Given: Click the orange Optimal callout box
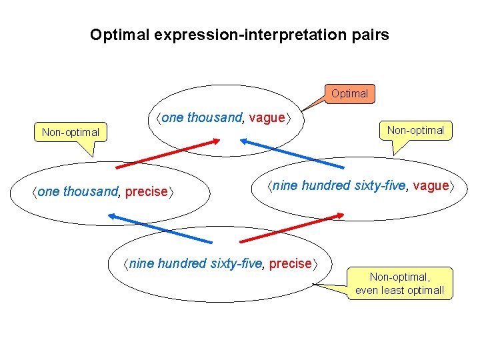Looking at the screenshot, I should [349, 93].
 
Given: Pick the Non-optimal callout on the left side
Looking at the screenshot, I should [70, 132].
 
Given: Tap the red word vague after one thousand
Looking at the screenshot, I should [266, 118].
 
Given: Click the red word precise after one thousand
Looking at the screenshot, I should [147, 192].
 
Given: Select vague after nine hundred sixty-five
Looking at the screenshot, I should [431, 186].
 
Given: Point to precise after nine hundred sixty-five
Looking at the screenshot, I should [290, 263].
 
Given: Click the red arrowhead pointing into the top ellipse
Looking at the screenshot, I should [216, 141].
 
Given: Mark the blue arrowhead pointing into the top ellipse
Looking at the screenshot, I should [244, 141].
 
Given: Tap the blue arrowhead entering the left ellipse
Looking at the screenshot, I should [112, 216].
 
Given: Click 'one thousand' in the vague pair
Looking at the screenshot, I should [202, 118].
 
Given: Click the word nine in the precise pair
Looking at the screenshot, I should [140, 263].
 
